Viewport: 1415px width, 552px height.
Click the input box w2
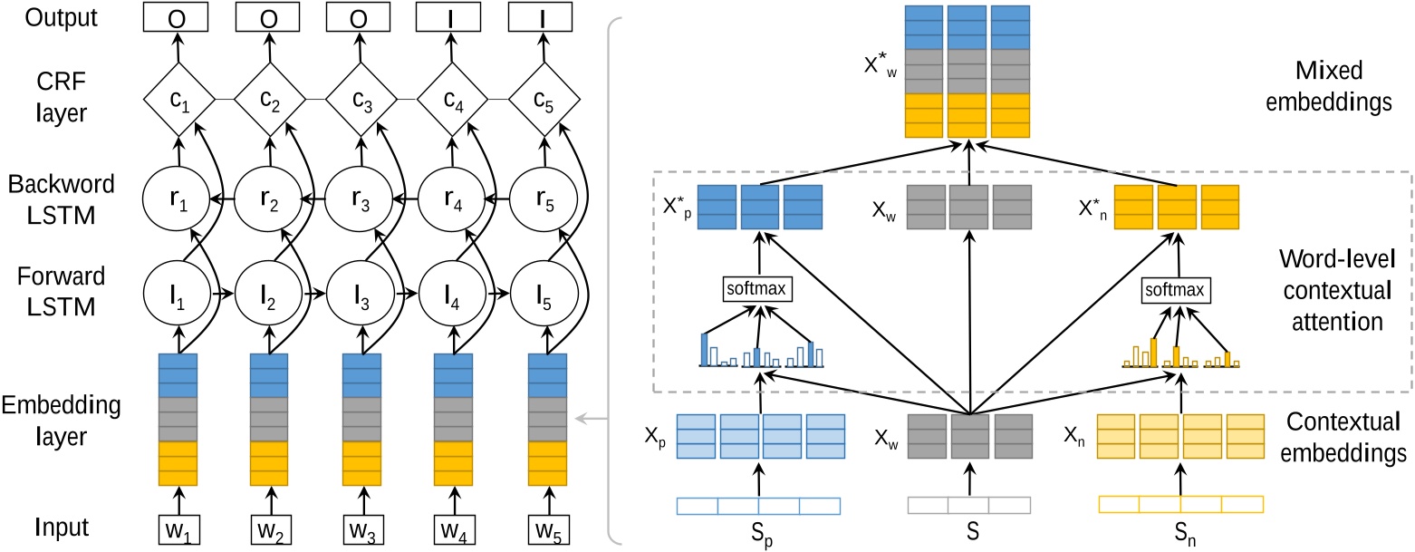click(269, 528)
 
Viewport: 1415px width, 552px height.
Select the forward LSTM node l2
click(269, 293)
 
